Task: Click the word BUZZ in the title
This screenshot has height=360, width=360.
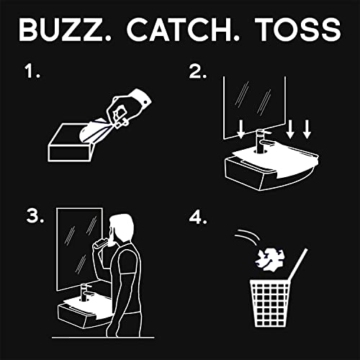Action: click(60, 30)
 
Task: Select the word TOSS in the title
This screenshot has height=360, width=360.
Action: click(297, 30)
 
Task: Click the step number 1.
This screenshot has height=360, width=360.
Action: click(32, 71)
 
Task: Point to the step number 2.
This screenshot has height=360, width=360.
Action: click(197, 71)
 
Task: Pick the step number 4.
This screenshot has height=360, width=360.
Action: click(198, 217)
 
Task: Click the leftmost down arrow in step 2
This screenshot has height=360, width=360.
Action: click(242, 129)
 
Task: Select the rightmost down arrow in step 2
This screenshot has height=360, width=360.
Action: click(307, 129)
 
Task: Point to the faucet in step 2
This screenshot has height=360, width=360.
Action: click(262, 141)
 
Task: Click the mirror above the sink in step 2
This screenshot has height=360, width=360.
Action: click(254, 108)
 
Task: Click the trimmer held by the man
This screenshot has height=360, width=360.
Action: click(101, 243)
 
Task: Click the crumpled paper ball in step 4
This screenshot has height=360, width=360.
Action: click(269, 258)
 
